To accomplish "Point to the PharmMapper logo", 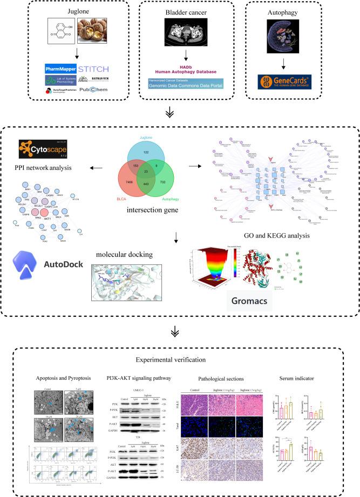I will click(x=66, y=69).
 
